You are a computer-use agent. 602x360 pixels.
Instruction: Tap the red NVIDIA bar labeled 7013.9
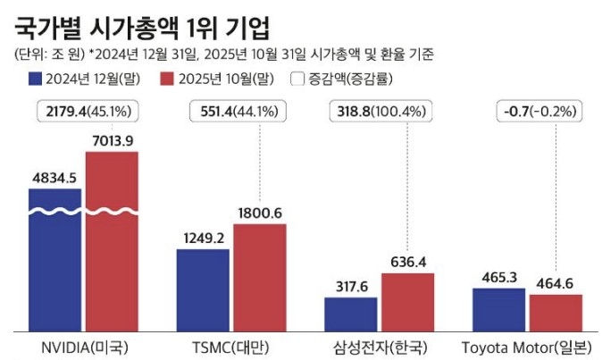[112, 241]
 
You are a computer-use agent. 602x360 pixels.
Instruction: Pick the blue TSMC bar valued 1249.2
[203, 289]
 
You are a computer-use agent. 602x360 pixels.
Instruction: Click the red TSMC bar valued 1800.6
[260, 276]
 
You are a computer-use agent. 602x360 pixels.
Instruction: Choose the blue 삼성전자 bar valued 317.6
[350, 313]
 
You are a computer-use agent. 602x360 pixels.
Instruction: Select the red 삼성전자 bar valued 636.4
[407, 301]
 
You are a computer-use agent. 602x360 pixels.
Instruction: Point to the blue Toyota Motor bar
[498, 307]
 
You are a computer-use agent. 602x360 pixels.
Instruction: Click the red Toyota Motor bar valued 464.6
[556, 310]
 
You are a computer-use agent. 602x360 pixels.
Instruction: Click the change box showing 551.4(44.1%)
[235, 112]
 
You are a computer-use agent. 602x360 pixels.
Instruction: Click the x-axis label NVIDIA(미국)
[83, 347]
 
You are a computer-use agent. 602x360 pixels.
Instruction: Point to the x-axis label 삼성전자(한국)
[380, 347]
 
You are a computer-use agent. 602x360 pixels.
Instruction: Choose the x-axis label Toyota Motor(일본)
[527, 347]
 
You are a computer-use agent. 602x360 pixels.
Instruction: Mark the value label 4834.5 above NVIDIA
[54, 177]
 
